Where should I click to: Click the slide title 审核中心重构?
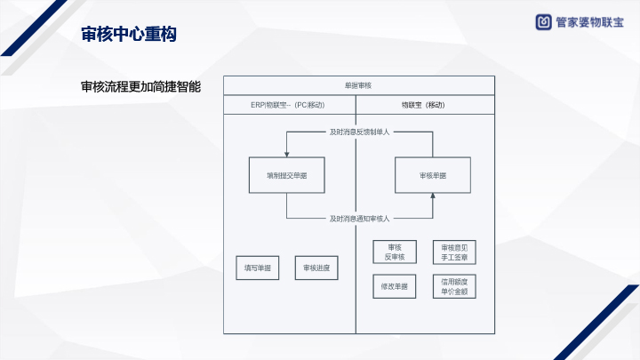tap(129, 35)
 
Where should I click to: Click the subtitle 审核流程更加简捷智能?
tap(140, 87)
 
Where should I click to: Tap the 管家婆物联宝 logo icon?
tap(542, 23)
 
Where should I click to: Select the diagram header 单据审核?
tap(357, 85)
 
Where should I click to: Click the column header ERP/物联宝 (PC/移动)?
tap(289, 105)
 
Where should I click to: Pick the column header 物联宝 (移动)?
tap(423, 105)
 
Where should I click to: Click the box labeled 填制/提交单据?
tap(286, 176)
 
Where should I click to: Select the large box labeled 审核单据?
tap(432, 176)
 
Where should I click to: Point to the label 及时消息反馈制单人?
tap(360, 132)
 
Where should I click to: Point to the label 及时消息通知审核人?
tap(360, 218)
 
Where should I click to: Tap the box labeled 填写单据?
tap(258, 268)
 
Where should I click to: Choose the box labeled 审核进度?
tap(316, 268)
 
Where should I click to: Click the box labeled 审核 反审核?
tap(395, 252)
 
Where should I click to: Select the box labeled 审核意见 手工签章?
tap(453, 252)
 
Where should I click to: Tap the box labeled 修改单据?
tap(395, 286)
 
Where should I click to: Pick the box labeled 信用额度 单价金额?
tap(453, 286)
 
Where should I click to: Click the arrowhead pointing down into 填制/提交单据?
tap(286, 155)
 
